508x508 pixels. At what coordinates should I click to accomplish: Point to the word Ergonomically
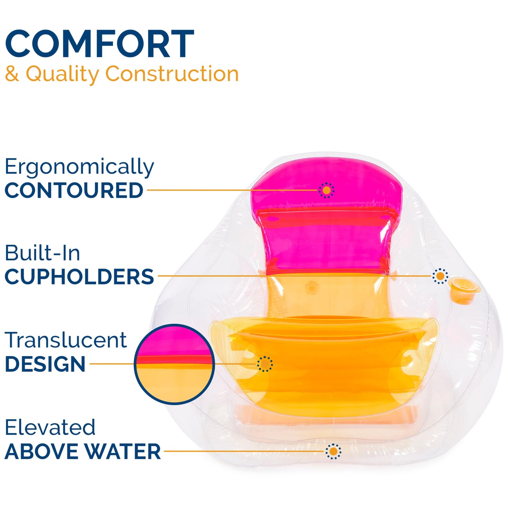[79, 167]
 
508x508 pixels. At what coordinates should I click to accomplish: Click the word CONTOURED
[74, 190]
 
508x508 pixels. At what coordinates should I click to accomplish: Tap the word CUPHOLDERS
[79, 277]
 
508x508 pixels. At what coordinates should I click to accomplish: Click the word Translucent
[65, 340]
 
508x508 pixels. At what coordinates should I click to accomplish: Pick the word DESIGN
[45, 364]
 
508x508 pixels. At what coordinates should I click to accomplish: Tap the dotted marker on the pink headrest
[327, 190]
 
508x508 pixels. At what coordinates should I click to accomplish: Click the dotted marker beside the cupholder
[440, 276]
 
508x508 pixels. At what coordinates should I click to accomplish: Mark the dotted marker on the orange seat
[265, 364]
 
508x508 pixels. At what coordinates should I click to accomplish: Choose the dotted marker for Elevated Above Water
[333, 451]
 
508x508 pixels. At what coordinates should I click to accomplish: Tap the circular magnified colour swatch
[174, 364]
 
